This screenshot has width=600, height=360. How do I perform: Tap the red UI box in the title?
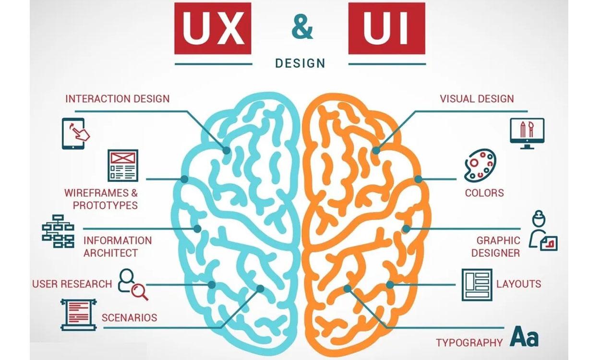tap(387, 29)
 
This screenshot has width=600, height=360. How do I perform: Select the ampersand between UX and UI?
tap(302, 29)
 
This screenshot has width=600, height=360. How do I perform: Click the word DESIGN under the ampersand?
tap(300, 63)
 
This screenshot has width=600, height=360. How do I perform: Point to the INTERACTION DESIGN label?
tap(117, 99)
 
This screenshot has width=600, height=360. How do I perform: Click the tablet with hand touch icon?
tap(75, 133)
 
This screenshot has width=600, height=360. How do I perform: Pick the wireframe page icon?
tap(122, 165)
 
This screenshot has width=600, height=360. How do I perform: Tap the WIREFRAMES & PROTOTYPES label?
tap(101, 199)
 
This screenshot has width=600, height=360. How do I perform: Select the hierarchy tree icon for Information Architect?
tap(58, 231)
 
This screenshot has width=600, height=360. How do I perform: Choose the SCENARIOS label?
tap(129, 318)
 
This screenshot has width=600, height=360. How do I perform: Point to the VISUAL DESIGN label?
tap(477, 99)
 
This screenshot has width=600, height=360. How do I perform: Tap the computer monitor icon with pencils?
tap(527, 133)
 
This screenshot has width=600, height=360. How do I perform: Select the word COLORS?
tap(484, 193)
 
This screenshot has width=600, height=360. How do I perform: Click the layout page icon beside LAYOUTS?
tap(477, 284)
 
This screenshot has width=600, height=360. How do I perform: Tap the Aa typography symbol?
tap(525, 336)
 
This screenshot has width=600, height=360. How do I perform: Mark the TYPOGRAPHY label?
tap(469, 343)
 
